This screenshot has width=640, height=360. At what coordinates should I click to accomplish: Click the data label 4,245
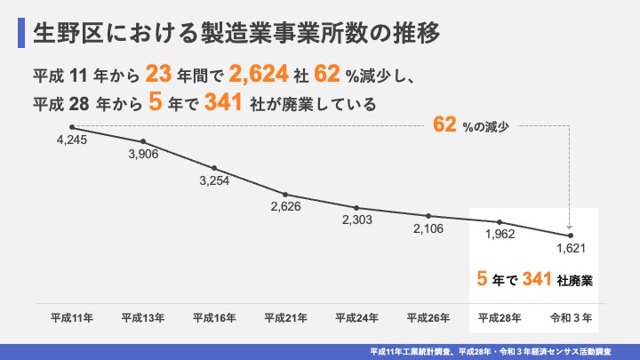click(x=71, y=140)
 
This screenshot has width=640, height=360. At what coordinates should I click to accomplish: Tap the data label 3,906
click(x=143, y=155)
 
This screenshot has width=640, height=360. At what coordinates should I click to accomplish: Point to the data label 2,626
click(x=285, y=206)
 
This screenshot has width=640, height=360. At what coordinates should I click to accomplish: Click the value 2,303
click(x=356, y=220)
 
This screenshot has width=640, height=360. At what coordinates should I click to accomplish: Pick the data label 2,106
click(x=428, y=228)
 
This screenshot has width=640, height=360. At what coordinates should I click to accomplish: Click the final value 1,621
click(x=571, y=250)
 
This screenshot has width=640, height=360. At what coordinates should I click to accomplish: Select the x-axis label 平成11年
click(x=71, y=316)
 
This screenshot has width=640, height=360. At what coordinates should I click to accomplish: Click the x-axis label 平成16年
click(x=214, y=316)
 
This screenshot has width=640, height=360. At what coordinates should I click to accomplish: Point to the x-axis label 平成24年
click(x=356, y=316)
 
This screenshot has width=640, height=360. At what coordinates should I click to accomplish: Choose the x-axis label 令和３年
click(x=571, y=316)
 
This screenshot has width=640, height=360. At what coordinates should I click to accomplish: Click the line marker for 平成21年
click(x=285, y=194)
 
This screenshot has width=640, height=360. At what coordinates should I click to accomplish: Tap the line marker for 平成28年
click(x=500, y=221)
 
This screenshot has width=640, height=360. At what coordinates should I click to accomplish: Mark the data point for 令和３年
click(x=571, y=236)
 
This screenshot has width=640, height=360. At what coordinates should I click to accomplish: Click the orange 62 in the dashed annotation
click(x=444, y=126)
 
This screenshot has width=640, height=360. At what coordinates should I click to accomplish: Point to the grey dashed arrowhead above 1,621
click(x=570, y=228)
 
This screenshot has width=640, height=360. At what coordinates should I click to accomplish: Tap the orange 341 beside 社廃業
click(x=516, y=279)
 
